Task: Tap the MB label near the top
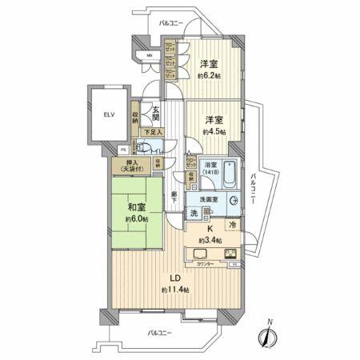click(150, 55)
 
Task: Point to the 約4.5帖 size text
click(213, 131)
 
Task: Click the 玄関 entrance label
click(156, 114)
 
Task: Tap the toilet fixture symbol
click(144, 146)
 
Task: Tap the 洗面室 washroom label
click(209, 199)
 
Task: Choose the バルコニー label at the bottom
click(162, 330)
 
